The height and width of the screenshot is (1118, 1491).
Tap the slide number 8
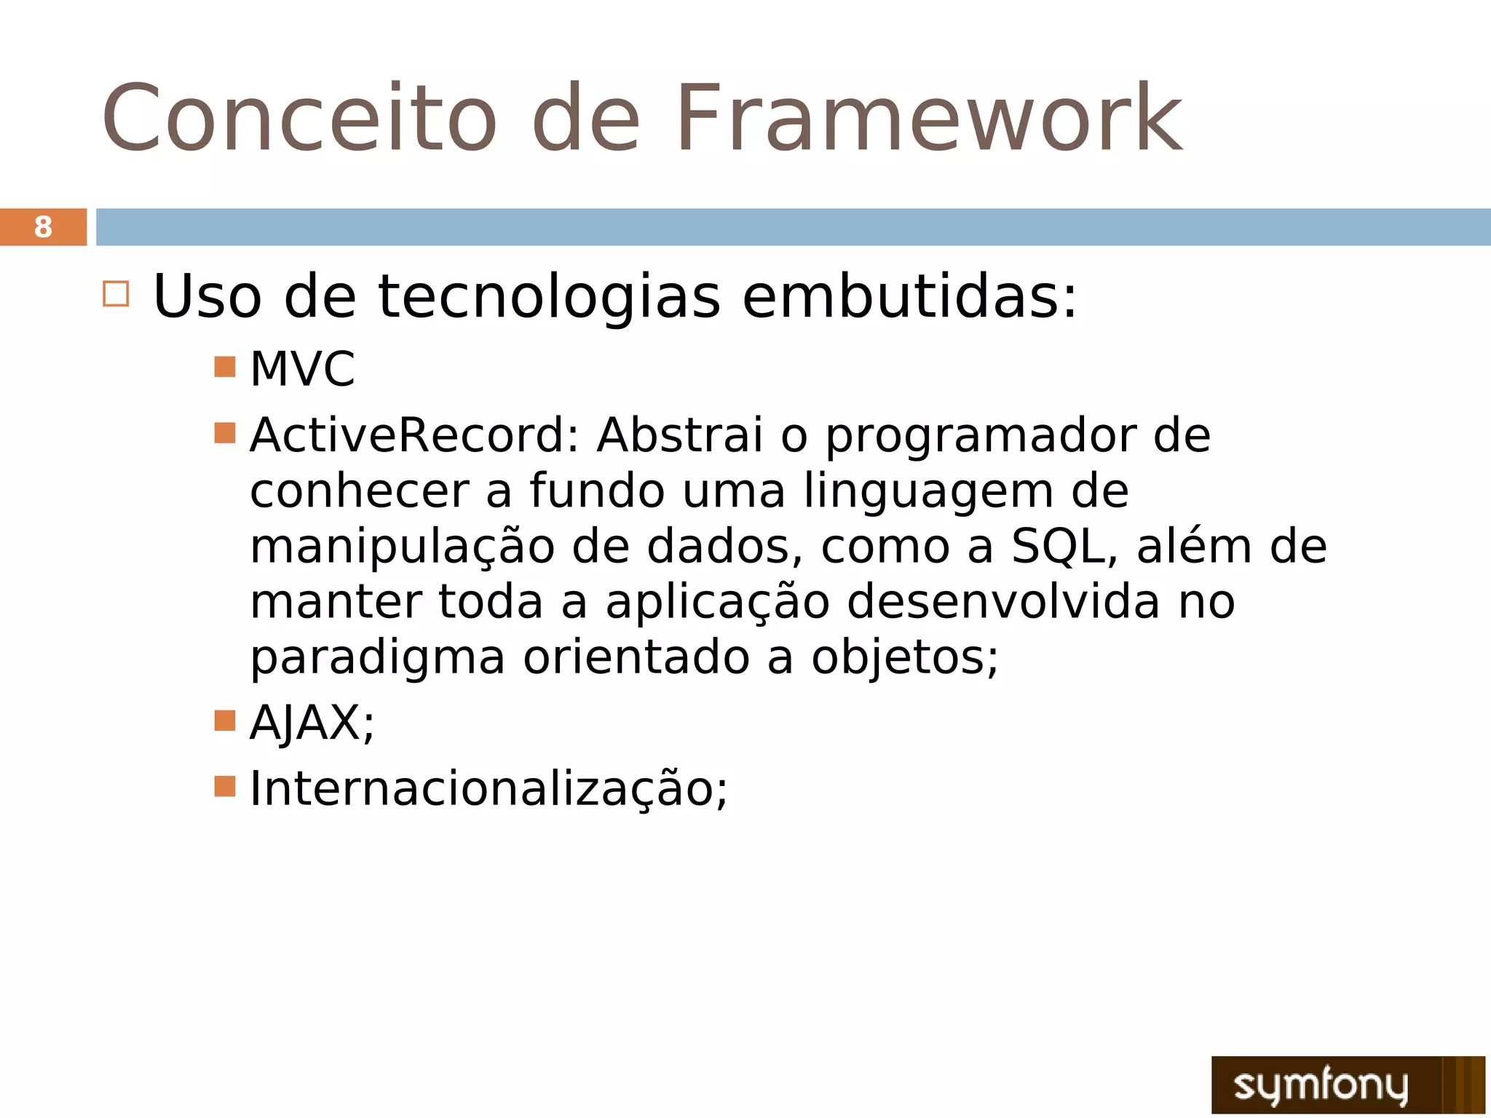click(x=43, y=227)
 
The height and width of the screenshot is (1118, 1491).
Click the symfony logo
click(x=1347, y=1085)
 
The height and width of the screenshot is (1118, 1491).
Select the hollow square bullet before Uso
click(x=116, y=294)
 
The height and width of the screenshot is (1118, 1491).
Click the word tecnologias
click(x=549, y=297)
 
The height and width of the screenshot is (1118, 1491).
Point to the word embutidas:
click(x=909, y=297)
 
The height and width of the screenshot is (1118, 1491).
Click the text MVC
click(x=302, y=369)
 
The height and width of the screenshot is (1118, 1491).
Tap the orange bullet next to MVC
click(x=225, y=366)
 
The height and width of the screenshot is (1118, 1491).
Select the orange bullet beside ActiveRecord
click(x=225, y=433)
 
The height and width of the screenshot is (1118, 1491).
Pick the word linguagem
click(x=929, y=492)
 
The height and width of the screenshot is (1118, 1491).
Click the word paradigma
click(x=377, y=658)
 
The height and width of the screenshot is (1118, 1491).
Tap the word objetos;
click(x=904, y=658)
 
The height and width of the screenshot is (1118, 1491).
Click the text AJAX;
click(x=312, y=723)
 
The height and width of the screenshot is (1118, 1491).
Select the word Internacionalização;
click(x=488, y=789)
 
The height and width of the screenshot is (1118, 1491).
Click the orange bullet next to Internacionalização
click(x=225, y=786)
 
